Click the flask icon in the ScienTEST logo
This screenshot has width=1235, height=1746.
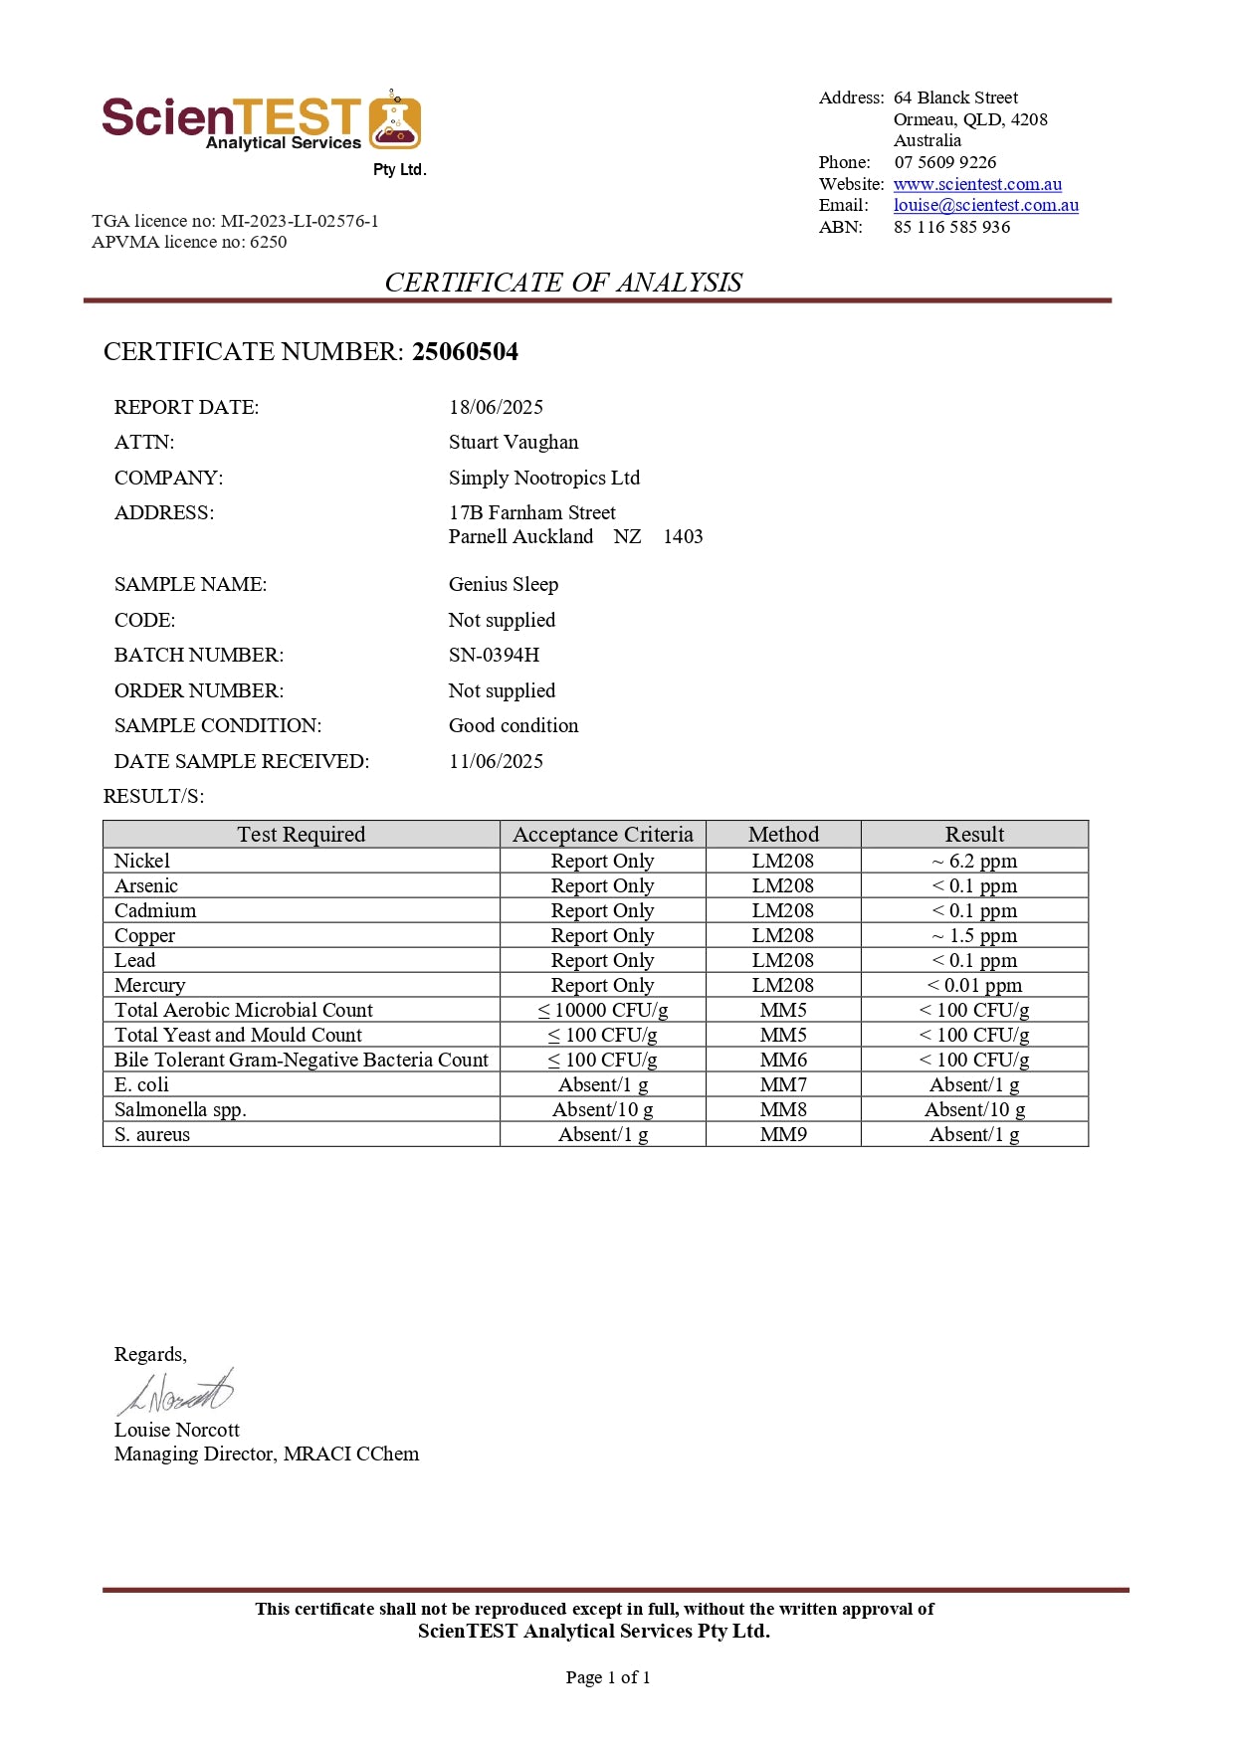[x=395, y=121]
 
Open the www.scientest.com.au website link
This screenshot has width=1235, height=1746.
[x=976, y=184]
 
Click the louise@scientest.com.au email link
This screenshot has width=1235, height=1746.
[x=985, y=205]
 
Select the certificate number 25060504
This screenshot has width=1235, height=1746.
[x=465, y=351]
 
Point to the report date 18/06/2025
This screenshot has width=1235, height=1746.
[x=496, y=407]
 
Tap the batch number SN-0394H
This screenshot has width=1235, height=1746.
[x=494, y=655]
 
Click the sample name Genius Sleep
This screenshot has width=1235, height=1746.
[x=503, y=584]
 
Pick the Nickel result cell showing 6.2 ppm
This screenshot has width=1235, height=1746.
[x=974, y=861]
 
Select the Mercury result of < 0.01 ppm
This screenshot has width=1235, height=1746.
[x=974, y=985]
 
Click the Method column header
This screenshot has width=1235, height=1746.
[x=783, y=834]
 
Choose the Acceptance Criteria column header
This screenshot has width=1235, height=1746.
[x=602, y=834]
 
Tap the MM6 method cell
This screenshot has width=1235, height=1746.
[x=783, y=1060]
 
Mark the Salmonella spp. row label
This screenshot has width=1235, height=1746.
[x=180, y=1109]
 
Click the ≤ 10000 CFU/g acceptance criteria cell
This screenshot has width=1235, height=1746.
[x=602, y=1010]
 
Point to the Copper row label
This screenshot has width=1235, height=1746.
[x=144, y=935]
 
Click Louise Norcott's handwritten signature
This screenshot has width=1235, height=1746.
[x=176, y=1392]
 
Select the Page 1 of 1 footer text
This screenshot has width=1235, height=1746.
[x=607, y=1677]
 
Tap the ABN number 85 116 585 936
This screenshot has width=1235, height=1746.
[x=951, y=227]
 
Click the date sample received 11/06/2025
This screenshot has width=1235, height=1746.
[x=496, y=761]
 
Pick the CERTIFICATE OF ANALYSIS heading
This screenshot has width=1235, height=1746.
[x=563, y=283]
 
